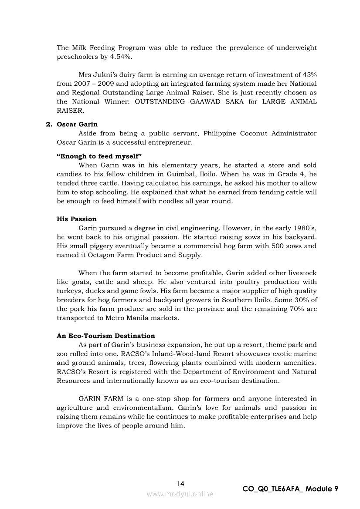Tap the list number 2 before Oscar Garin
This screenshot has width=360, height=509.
coord(49,124)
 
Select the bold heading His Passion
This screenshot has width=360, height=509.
coord(77,219)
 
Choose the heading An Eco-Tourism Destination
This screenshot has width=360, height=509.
coord(106,336)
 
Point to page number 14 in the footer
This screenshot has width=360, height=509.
coord(180,483)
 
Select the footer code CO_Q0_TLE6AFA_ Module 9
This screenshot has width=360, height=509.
coord(290,489)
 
